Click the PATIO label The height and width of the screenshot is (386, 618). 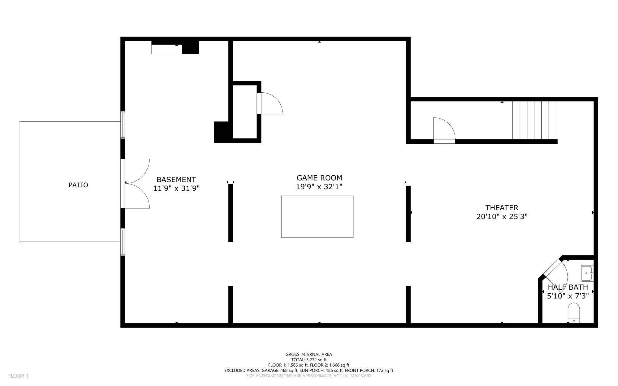click(78, 185)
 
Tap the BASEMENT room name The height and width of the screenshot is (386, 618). click(176, 180)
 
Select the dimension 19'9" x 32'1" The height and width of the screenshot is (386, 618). click(319, 187)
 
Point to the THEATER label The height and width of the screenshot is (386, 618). click(502, 208)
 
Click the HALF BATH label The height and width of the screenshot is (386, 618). click(568, 287)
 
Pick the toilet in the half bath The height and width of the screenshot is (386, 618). click(574, 313)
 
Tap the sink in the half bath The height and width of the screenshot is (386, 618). click(587, 273)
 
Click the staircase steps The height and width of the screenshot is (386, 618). click(534, 120)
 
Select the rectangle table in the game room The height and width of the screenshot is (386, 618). click(317, 216)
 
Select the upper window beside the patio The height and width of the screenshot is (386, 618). click(123, 125)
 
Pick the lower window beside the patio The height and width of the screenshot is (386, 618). click(123, 242)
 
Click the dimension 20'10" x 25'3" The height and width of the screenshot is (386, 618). click(502, 217)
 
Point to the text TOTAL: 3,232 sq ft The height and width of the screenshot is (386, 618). click(309, 360)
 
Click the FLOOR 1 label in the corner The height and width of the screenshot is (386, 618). click(18, 376)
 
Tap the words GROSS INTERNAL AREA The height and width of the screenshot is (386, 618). click(309, 354)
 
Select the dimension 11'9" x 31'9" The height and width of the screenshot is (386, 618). click(176, 189)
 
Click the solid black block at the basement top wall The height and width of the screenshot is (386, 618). click(190, 47)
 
